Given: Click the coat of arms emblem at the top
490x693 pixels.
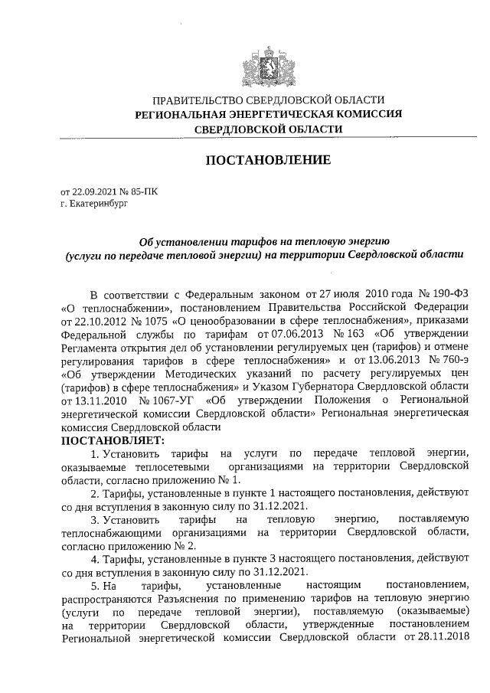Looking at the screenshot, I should [x=268, y=65].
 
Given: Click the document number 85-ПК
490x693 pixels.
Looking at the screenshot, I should [x=144, y=192].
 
